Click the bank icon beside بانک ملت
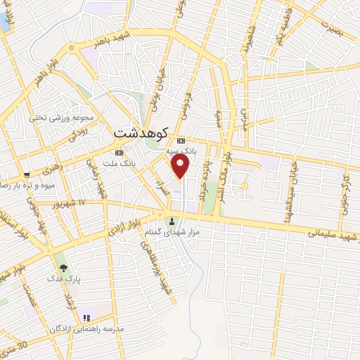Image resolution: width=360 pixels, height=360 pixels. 118,152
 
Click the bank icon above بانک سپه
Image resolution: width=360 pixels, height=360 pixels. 181,140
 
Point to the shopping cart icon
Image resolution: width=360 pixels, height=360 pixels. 27,174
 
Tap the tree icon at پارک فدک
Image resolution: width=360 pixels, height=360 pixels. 63,267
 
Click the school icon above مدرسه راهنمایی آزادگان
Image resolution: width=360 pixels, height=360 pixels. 86,318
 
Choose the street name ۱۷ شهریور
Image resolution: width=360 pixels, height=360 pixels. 71,203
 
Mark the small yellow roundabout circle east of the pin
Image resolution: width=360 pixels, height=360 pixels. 245,186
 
